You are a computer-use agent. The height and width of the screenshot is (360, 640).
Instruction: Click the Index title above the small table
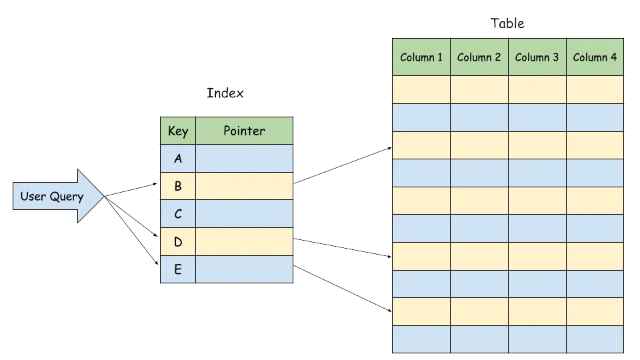point(225,93)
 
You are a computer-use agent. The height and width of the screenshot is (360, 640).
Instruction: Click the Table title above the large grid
point(508,24)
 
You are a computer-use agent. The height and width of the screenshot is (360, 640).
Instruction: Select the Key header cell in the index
point(178,131)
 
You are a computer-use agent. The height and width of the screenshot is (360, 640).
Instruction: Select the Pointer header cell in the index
point(244,131)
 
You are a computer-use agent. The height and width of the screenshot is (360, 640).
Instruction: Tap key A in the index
point(178,159)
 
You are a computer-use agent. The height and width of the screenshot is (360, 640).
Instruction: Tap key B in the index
point(178,187)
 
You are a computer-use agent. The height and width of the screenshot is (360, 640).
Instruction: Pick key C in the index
point(178,214)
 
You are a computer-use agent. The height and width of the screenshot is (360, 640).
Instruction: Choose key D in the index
point(178,242)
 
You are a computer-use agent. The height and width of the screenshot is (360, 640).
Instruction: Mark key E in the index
point(178,269)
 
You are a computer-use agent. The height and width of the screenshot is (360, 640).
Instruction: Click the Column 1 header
point(421,57)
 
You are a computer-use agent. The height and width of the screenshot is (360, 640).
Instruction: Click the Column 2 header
point(479,57)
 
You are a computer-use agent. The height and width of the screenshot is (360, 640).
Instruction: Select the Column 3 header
point(537,57)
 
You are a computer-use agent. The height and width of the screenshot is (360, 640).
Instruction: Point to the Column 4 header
point(595,57)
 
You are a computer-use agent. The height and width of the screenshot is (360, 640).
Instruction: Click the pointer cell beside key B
point(244,187)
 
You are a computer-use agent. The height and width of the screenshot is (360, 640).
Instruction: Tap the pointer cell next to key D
point(244,242)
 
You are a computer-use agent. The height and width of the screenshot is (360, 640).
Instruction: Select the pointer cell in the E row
point(244,269)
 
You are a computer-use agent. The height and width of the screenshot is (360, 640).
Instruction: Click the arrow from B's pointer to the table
point(342,165)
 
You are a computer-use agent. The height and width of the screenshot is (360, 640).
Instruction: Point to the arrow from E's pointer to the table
point(342,289)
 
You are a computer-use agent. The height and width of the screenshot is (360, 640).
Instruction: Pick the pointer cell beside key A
point(244,159)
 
